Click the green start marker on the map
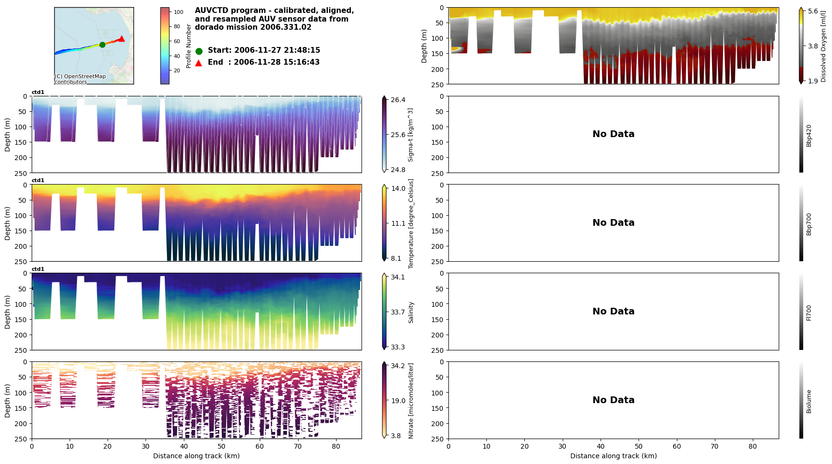point(102,45)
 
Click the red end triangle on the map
point(122,39)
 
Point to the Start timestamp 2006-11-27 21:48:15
point(277,50)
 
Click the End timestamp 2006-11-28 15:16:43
point(277,62)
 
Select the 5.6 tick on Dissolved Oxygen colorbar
point(813,12)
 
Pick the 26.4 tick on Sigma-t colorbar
point(398,100)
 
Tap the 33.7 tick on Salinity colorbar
point(398,312)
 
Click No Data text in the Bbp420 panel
point(613,134)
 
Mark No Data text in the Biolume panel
point(613,400)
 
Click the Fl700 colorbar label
point(809,313)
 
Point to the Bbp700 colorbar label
point(809,224)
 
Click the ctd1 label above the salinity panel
point(38,269)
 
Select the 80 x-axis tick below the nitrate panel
point(336,447)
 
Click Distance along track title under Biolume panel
point(613,456)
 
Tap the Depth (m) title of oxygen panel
point(424,46)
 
